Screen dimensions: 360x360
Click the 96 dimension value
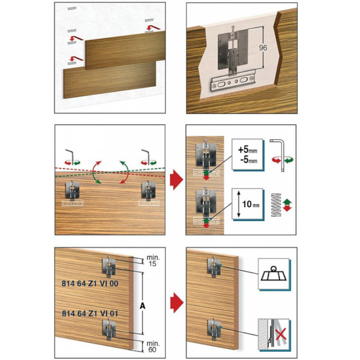[263, 47]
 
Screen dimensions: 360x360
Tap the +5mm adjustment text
[247, 150]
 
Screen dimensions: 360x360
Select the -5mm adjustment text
[249, 160]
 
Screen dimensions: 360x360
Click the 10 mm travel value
[251, 204]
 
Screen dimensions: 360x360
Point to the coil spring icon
[276, 205]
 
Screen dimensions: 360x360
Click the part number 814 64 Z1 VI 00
[90, 283]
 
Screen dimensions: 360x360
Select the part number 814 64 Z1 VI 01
[90, 313]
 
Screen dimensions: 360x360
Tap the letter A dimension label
[143, 306]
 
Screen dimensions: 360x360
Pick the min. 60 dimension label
[153, 347]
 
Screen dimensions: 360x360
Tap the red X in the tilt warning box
[281, 334]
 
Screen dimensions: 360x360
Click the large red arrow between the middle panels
[176, 180]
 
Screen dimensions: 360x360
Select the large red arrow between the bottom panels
[177, 303]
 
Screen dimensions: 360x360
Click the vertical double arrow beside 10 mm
[239, 204]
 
